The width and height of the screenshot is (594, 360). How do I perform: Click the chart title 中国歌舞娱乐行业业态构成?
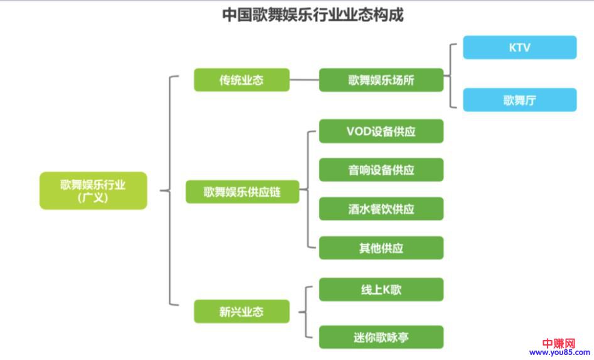click(x=313, y=14)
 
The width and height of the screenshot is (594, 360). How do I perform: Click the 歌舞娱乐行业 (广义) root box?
click(x=93, y=190)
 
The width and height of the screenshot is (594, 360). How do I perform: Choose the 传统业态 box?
click(x=241, y=80)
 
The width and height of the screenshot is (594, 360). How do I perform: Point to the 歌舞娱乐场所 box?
click(x=381, y=80)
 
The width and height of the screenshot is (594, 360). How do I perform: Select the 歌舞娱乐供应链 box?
click(x=242, y=192)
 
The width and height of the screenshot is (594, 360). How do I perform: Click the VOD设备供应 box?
click(x=381, y=131)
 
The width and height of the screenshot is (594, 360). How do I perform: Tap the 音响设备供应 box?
click(x=381, y=170)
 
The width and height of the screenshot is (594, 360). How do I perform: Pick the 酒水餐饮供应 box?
click(x=381, y=209)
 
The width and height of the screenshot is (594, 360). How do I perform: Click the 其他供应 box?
click(x=381, y=248)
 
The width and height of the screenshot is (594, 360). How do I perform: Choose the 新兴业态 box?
click(x=241, y=312)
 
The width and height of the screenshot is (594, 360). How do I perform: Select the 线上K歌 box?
click(x=381, y=290)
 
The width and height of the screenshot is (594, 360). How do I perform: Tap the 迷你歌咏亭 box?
click(x=381, y=337)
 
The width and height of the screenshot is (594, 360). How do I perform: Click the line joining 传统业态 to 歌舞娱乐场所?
click(x=304, y=80)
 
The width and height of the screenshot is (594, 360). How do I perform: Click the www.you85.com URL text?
click(x=559, y=353)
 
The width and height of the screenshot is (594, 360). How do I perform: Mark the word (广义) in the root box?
click(x=93, y=197)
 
